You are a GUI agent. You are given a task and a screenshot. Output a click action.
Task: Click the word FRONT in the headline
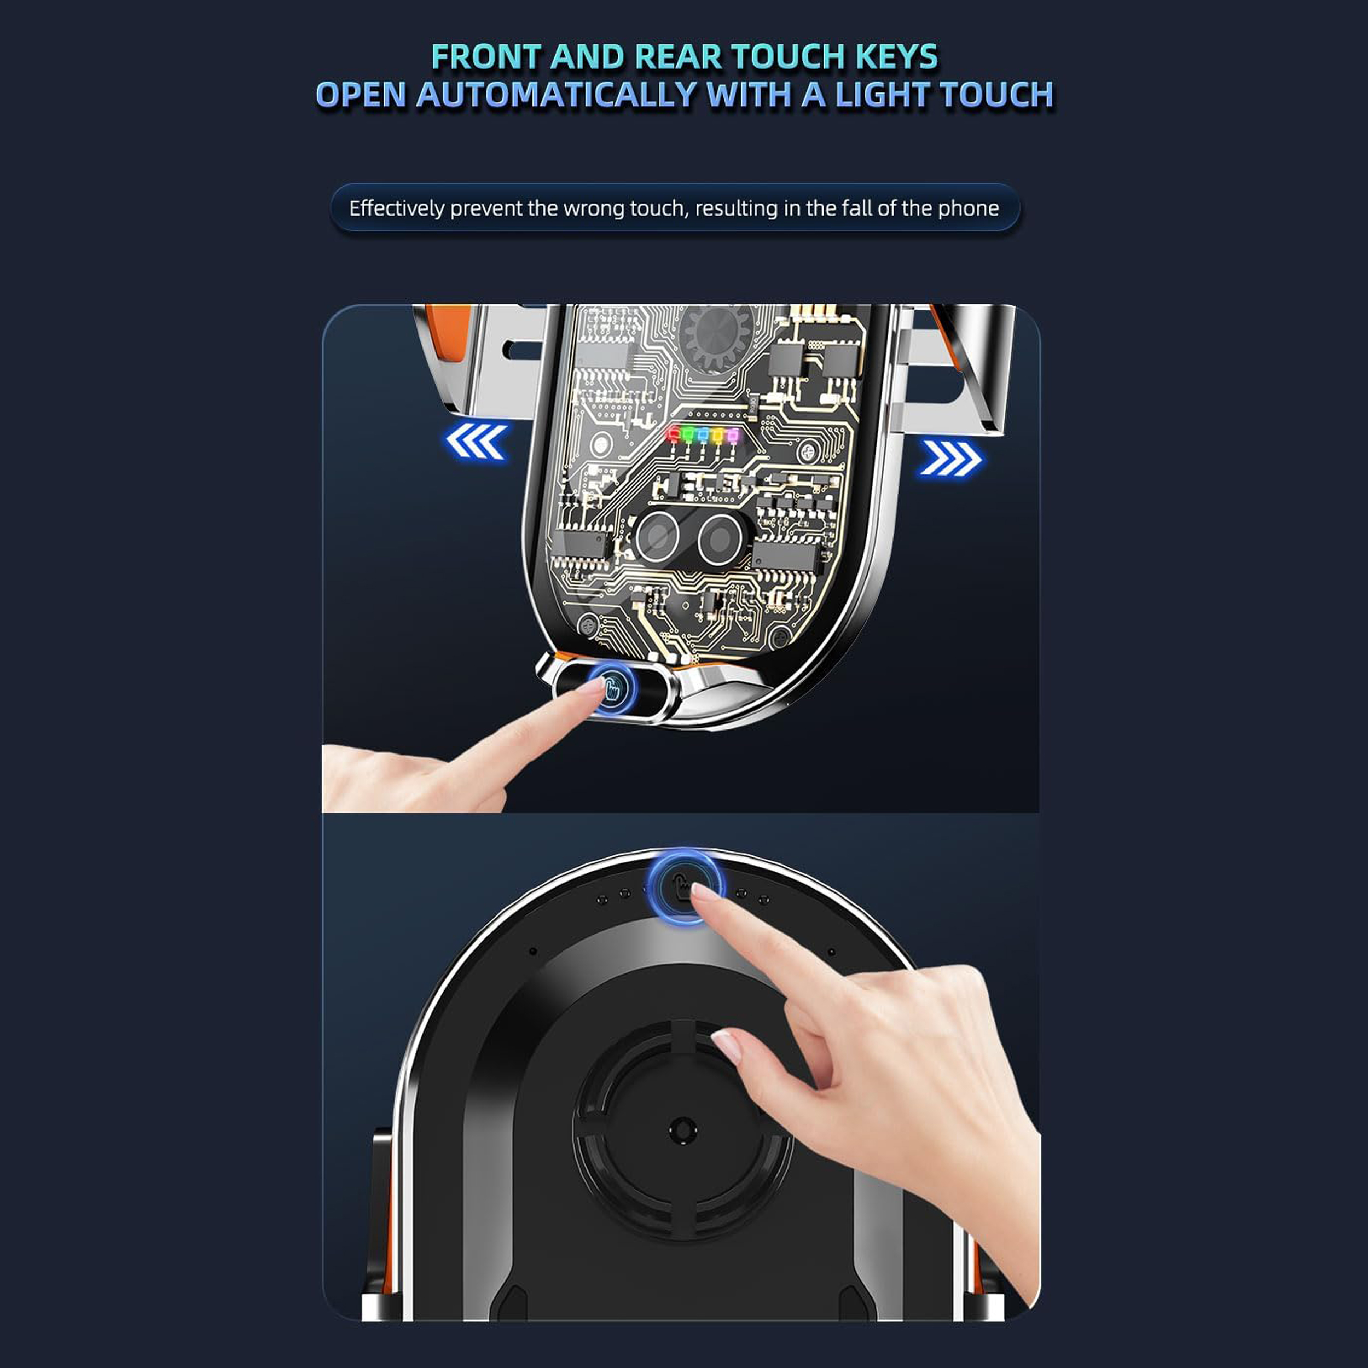486,57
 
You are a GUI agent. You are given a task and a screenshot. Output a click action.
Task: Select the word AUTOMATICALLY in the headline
556,95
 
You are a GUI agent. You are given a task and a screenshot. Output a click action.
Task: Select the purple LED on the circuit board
733,433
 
